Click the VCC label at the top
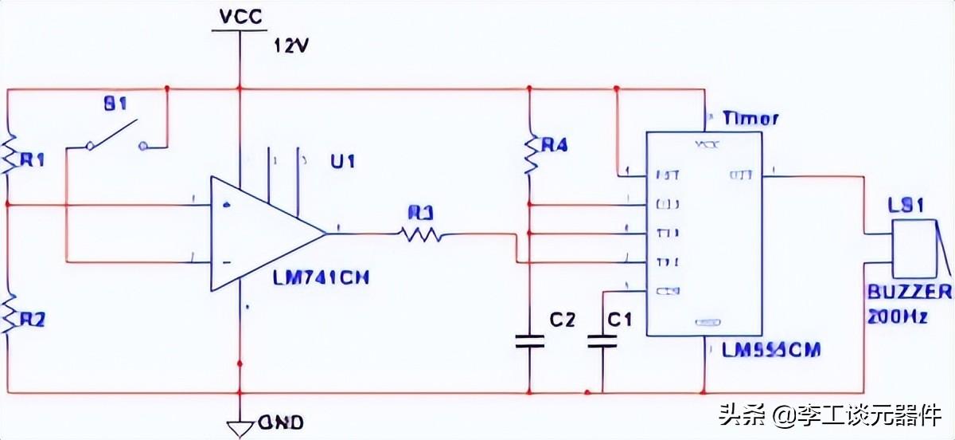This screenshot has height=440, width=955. [238, 16]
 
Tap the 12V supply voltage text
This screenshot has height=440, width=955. [291, 45]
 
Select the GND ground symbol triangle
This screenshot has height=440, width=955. [239, 428]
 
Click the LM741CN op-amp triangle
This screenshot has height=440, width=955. [263, 233]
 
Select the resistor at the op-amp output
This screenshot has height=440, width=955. [419, 234]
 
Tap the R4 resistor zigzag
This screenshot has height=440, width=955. [528, 156]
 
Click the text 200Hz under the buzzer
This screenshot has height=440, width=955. [898, 316]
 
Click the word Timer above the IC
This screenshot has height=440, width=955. [750, 119]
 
